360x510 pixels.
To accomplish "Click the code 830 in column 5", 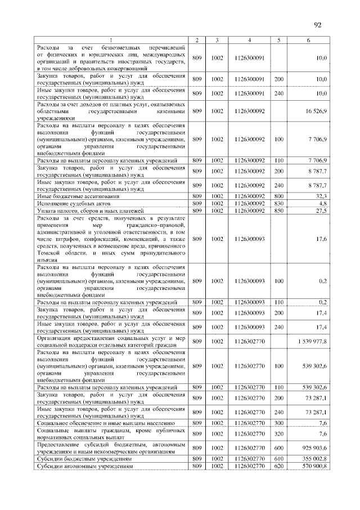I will pos(278,203).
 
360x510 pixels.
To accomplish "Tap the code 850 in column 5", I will pos(278,210).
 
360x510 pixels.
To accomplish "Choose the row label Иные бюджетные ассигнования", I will pos(70,196).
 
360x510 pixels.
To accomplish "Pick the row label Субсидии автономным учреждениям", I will pos(84,467).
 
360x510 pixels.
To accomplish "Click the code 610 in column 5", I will pos(278,459).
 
